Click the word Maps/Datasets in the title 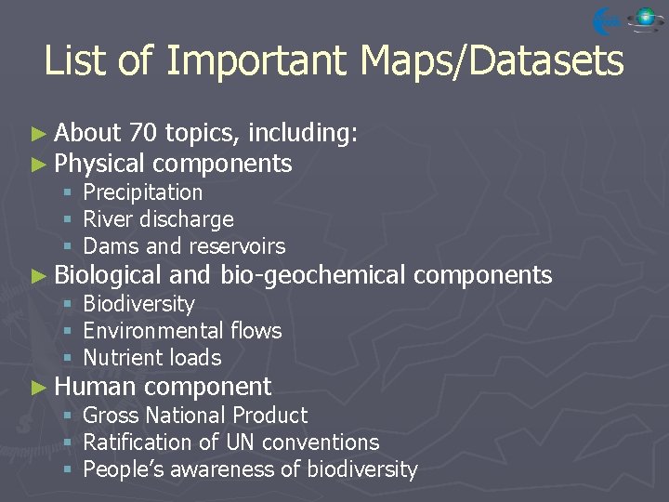[492, 62]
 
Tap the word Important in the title [257, 62]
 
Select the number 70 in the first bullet [144, 134]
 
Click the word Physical [99, 165]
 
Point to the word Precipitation [142, 192]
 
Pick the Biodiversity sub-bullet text [138, 304]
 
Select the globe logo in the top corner [644, 19]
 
